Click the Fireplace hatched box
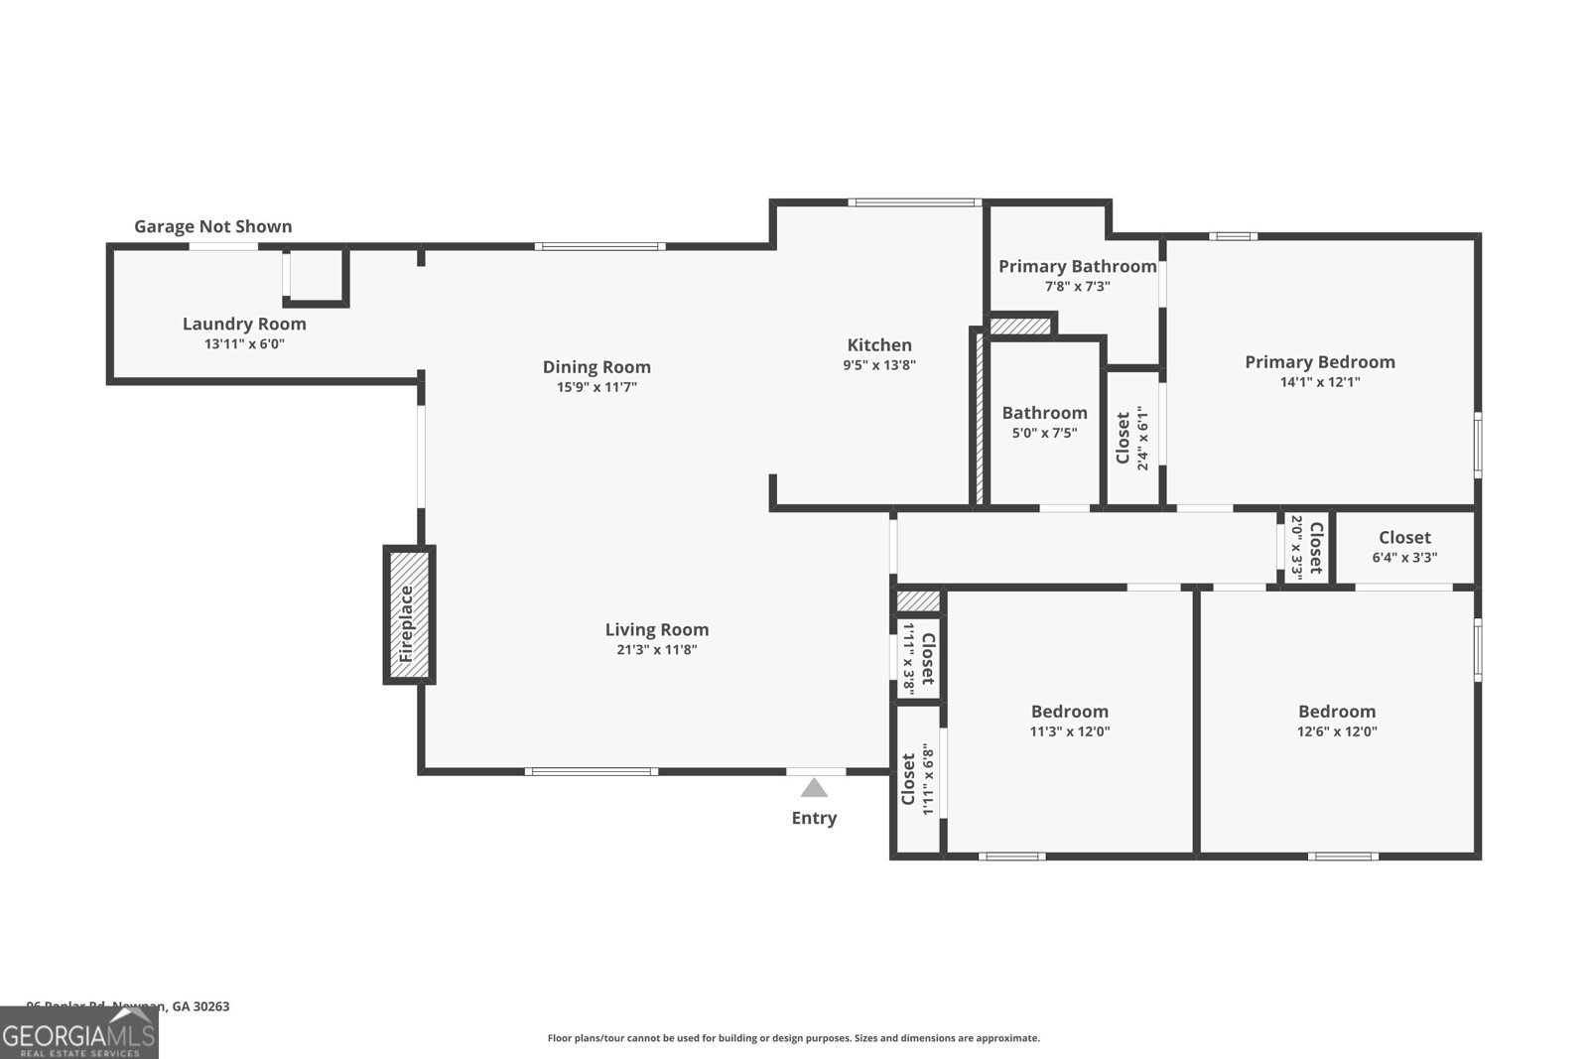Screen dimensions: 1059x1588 [409, 614]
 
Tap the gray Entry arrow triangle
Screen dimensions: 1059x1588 [814, 788]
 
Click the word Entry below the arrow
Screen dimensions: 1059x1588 [814, 818]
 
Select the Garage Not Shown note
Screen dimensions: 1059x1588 [212, 226]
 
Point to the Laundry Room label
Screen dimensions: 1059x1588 [244, 324]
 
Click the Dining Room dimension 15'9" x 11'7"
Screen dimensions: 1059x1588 [596, 387]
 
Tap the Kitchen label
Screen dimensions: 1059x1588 [879, 345]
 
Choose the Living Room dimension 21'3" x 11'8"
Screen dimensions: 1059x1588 [657, 650]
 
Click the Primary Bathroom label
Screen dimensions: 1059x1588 [1077, 266]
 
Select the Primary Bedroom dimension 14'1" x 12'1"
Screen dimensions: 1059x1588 [1320, 382]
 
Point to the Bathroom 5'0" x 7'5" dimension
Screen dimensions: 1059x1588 [1044, 433]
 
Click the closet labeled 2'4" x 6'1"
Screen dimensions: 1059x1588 [1131, 438]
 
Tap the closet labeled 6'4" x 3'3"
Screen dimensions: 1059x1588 [1404, 547]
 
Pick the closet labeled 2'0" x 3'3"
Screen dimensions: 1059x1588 [1306, 548]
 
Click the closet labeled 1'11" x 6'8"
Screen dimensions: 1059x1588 [917, 779]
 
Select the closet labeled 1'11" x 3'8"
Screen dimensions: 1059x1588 [918, 658]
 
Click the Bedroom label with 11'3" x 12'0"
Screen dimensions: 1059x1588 [1069, 712]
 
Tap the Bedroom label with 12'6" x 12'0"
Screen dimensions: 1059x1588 [1337, 712]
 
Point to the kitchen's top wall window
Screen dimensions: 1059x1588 [914, 202]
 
